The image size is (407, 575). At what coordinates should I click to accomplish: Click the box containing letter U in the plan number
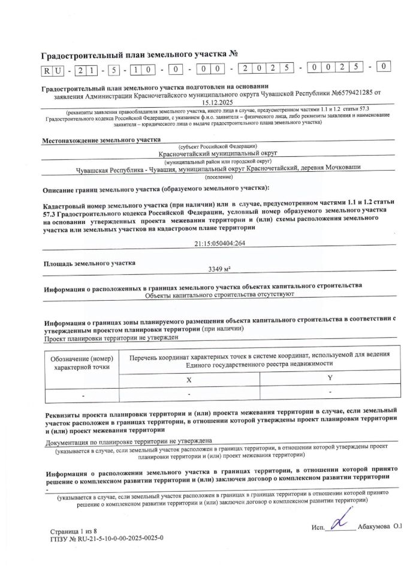(59, 70)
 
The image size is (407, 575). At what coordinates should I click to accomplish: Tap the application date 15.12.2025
(216, 102)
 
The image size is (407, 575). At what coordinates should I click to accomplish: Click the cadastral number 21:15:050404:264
(216, 243)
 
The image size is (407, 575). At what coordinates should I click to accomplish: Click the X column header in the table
(189, 380)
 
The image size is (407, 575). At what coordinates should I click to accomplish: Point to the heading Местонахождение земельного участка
(101, 141)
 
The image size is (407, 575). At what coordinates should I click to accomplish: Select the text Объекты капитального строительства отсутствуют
(220, 295)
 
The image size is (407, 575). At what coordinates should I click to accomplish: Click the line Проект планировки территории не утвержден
(112, 338)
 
